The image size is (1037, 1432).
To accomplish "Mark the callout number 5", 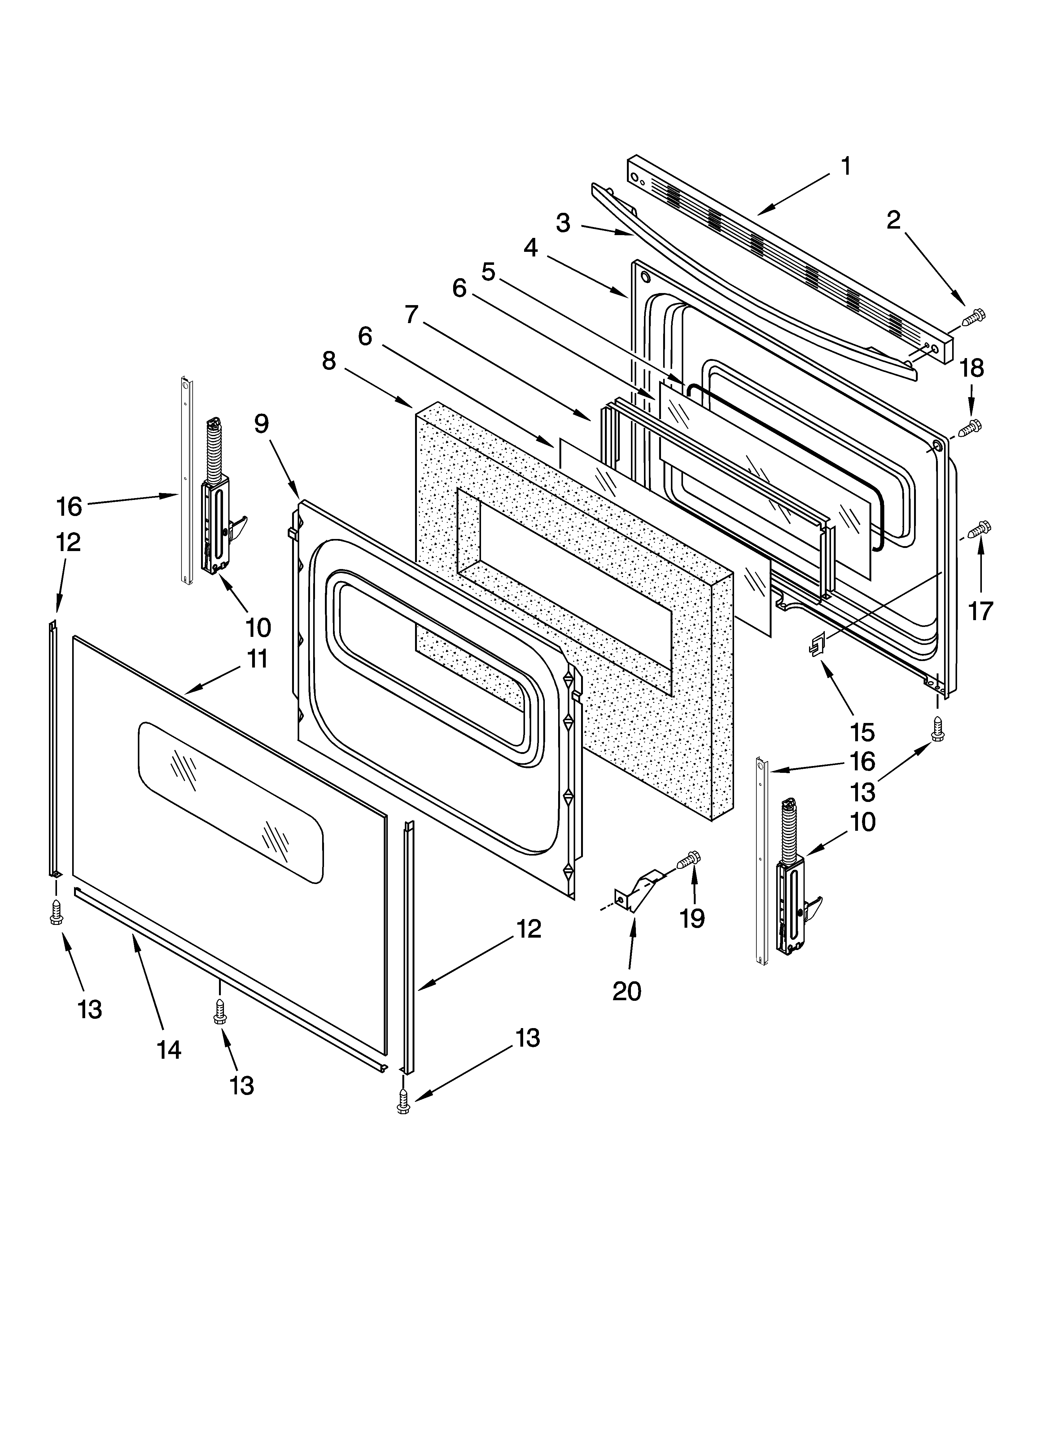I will pos(488,271).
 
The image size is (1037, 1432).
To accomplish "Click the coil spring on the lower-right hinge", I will pos(789,832).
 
